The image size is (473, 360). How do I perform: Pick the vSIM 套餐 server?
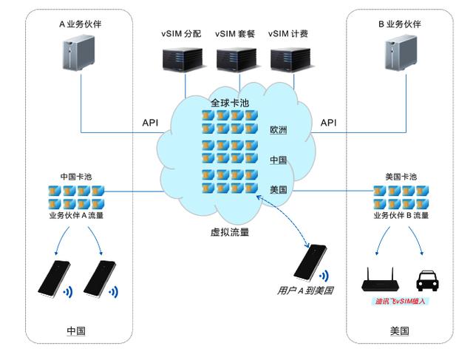coord(236,59)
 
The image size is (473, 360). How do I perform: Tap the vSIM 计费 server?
coord(289,59)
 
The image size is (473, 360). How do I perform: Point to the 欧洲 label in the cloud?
coord(279,131)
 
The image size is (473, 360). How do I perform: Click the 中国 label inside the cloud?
coord(279,160)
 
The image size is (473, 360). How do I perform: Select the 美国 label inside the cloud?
coord(279,190)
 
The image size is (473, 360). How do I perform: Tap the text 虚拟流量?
coord(229,232)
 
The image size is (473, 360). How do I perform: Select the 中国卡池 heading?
coord(76,177)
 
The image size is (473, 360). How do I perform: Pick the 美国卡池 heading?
coord(401,177)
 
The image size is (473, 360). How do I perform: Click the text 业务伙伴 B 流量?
coord(401,215)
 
